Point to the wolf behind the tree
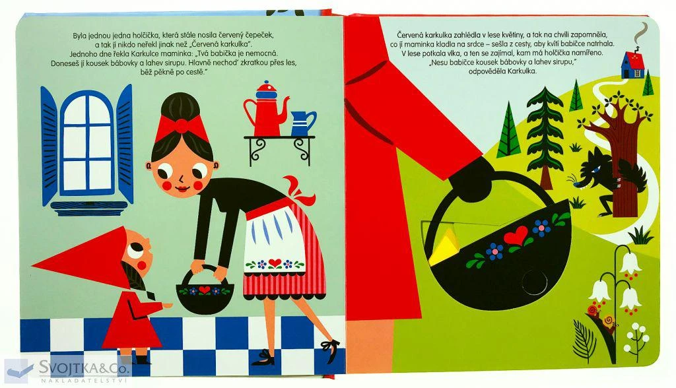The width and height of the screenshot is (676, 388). [606, 179]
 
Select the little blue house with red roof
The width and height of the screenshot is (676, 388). [632, 65]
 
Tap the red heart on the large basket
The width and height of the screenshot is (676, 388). [516, 236]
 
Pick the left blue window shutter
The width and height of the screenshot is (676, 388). [49, 145]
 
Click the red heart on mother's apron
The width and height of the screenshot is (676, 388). [275, 263]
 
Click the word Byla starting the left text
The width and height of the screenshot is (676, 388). [80, 36]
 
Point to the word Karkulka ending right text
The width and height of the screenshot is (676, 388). [523, 71]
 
